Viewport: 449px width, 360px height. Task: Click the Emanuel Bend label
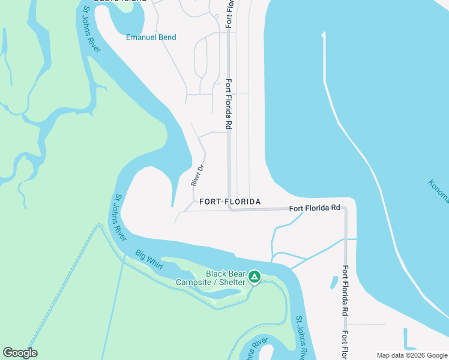pyautogui.click(x=151, y=37)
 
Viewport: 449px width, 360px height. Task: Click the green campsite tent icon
pyautogui.click(x=255, y=277)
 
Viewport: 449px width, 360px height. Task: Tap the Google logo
pyautogui.click(x=20, y=353)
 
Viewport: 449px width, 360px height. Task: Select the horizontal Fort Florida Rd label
pyautogui.click(x=315, y=208)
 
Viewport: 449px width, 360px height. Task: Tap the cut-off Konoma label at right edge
pyautogui.click(x=439, y=190)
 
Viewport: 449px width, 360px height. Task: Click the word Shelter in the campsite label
pyautogui.click(x=231, y=282)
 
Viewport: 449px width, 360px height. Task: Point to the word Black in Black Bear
pyautogui.click(x=215, y=274)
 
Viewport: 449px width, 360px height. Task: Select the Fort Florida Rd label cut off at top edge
pyautogui.click(x=229, y=13)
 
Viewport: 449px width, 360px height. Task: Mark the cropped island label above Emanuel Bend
pyautogui.click(x=126, y=2)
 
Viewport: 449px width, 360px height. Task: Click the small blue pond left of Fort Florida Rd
pyautogui.click(x=335, y=282)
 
